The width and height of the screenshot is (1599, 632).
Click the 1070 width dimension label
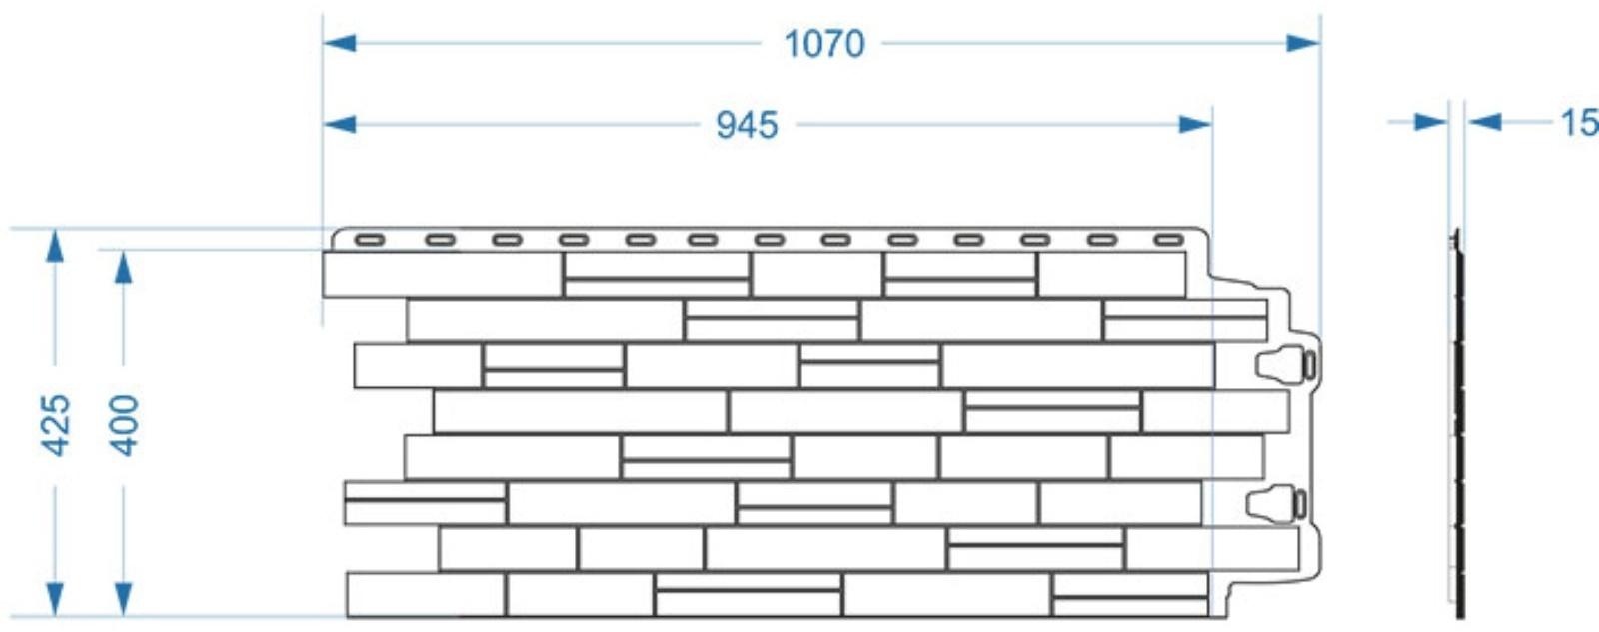point(823,44)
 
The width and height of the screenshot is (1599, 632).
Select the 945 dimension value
point(747,125)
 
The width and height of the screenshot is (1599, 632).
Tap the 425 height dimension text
point(56,425)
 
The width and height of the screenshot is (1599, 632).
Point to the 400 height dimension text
point(124,425)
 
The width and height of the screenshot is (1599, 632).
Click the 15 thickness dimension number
point(1578,123)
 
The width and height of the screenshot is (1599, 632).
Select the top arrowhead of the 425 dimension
point(55,246)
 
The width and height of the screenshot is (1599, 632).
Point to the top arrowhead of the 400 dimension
point(123,267)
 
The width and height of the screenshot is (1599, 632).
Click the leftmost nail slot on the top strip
point(370,240)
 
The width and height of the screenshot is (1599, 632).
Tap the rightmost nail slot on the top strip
point(1168,240)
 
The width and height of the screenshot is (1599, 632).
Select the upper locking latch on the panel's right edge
point(1287,364)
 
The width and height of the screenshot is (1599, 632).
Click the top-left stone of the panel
point(442,275)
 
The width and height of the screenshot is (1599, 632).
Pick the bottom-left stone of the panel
point(425,594)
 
